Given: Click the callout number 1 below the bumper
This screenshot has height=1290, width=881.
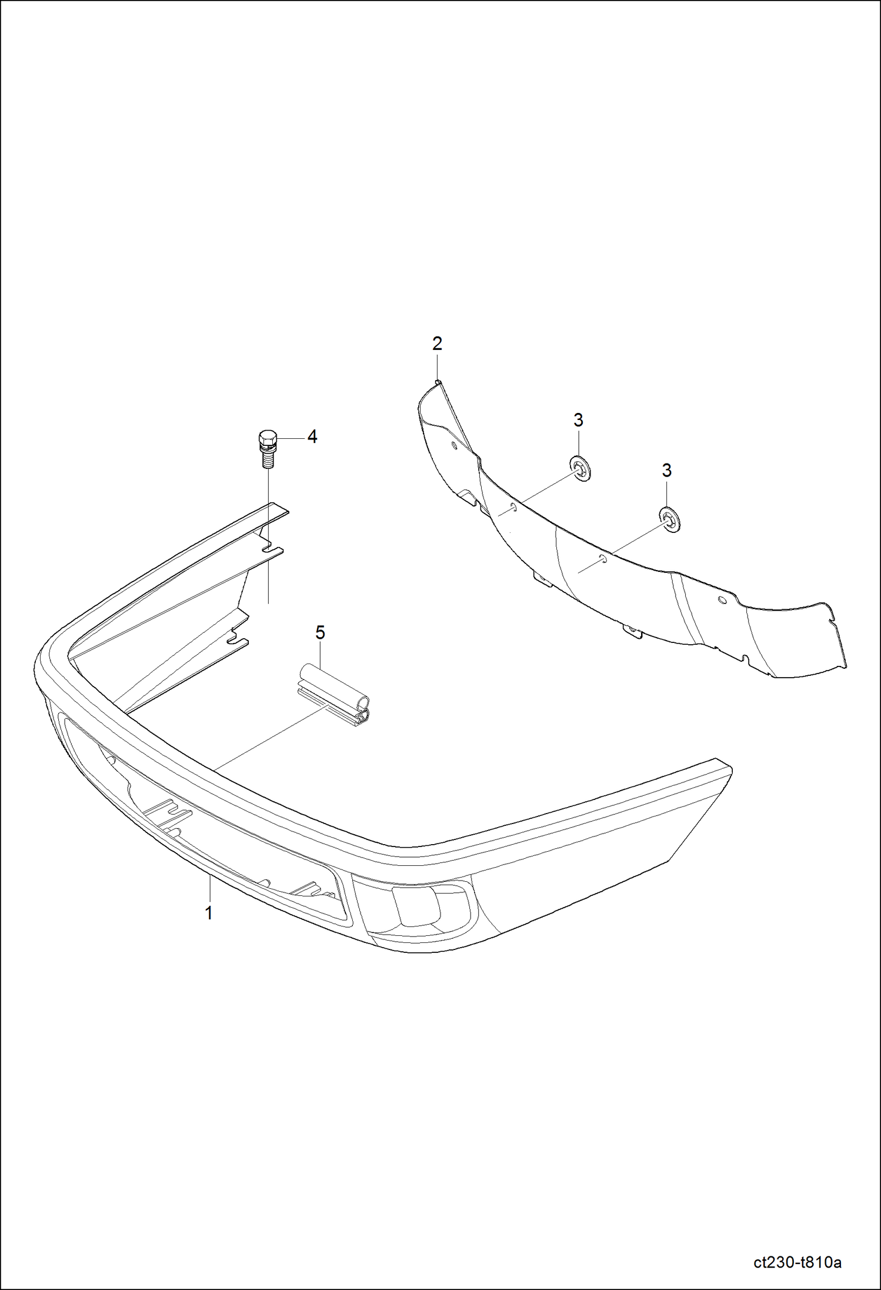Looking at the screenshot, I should [208, 913].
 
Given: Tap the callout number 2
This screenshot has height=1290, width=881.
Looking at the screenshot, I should [437, 344].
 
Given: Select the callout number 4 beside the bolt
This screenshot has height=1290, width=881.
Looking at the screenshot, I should [312, 436].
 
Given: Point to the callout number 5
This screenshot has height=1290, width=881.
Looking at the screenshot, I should [320, 633].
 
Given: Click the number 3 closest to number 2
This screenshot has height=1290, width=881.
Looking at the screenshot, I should [578, 420].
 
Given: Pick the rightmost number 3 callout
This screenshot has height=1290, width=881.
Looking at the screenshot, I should [666, 471].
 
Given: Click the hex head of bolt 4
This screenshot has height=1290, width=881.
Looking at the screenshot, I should [266, 438].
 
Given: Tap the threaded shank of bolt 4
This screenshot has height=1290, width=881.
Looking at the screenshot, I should [268, 458].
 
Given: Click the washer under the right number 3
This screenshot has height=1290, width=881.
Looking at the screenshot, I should [669, 519].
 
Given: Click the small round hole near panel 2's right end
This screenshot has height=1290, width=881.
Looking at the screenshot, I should [721, 599].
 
